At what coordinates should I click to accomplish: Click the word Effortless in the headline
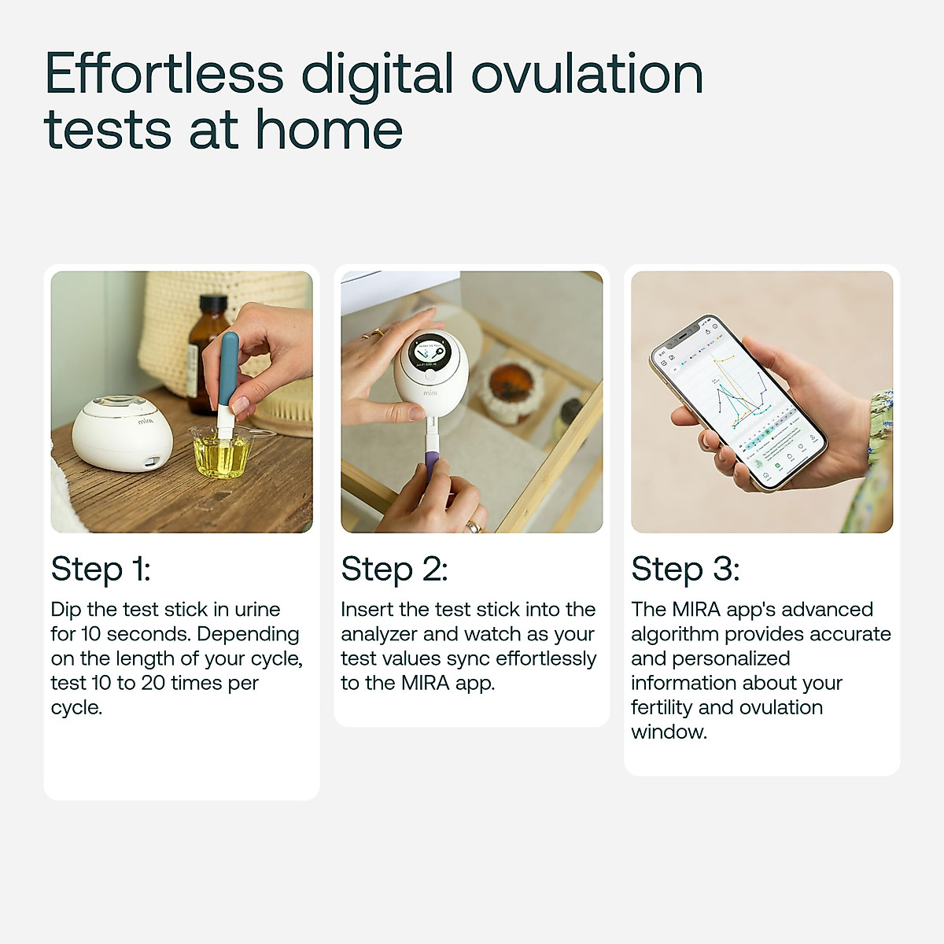(x=164, y=74)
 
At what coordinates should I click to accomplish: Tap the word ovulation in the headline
(x=586, y=74)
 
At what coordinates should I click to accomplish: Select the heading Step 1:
(x=101, y=569)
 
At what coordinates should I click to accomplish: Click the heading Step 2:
(x=394, y=569)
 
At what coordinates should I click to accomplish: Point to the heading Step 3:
(x=685, y=569)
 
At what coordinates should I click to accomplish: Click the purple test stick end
(x=431, y=464)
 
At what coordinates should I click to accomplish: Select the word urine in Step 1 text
(x=257, y=610)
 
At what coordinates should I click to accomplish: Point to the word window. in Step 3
(x=669, y=732)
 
